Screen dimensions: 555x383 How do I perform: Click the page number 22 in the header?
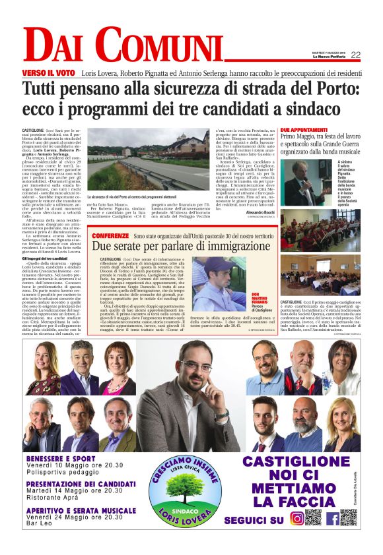coord(355,55)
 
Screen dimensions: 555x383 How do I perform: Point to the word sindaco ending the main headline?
coord(306,107)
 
